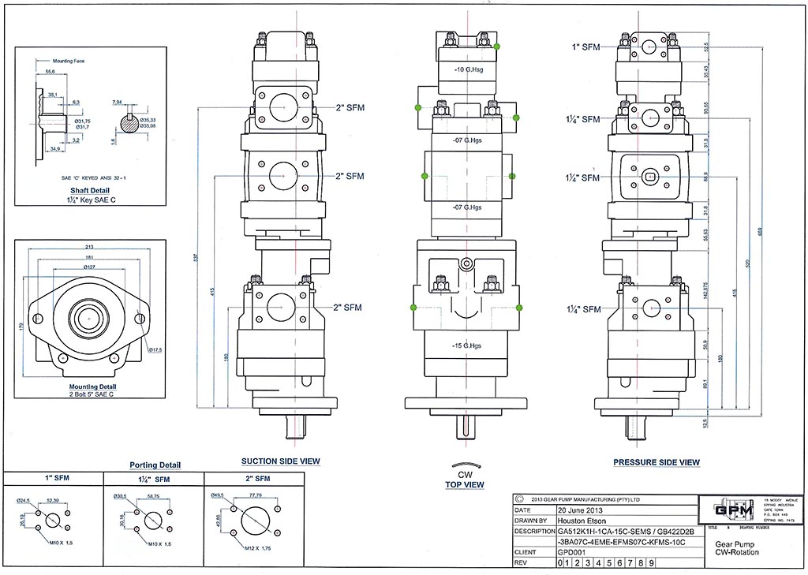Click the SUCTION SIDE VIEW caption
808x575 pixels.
click(x=281, y=461)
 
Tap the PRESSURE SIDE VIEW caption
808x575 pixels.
click(x=656, y=461)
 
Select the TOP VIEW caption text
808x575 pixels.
click(x=464, y=484)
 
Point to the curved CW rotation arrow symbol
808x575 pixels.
click(x=464, y=466)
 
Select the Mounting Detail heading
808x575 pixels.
click(x=92, y=387)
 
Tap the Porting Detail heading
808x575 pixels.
click(x=155, y=465)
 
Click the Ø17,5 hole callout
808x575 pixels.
click(x=155, y=349)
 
